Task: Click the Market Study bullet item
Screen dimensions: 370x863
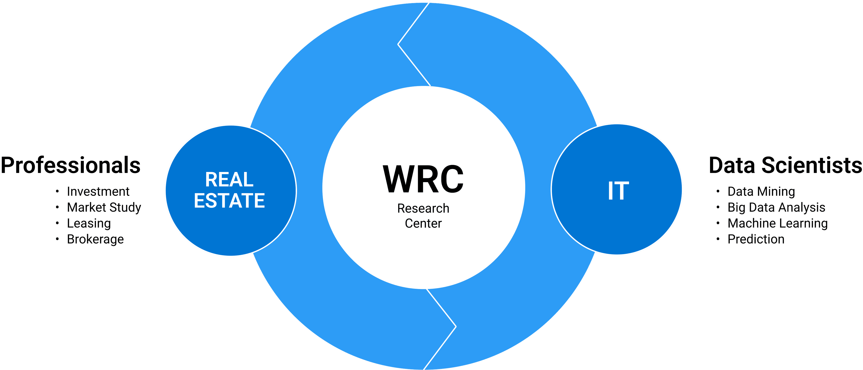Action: pyautogui.click(x=104, y=207)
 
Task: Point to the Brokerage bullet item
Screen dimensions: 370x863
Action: pyautogui.click(x=95, y=239)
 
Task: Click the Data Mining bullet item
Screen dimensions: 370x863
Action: pyautogui.click(x=761, y=192)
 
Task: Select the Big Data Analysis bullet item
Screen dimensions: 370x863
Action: pyautogui.click(x=776, y=207)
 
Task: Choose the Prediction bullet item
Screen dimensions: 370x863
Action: pyautogui.click(x=756, y=239)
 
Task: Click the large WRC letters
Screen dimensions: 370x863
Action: pyautogui.click(x=423, y=179)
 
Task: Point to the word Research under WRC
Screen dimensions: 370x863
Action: pyautogui.click(x=423, y=208)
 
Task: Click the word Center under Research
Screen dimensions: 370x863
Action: pyautogui.click(x=423, y=223)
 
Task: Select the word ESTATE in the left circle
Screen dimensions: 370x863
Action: pyautogui.click(x=229, y=201)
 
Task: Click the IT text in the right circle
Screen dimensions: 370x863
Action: pyautogui.click(x=618, y=191)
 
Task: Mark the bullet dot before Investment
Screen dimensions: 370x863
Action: pyautogui.click(x=57, y=192)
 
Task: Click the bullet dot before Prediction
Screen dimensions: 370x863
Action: pyautogui.click(x=718, y=239)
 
